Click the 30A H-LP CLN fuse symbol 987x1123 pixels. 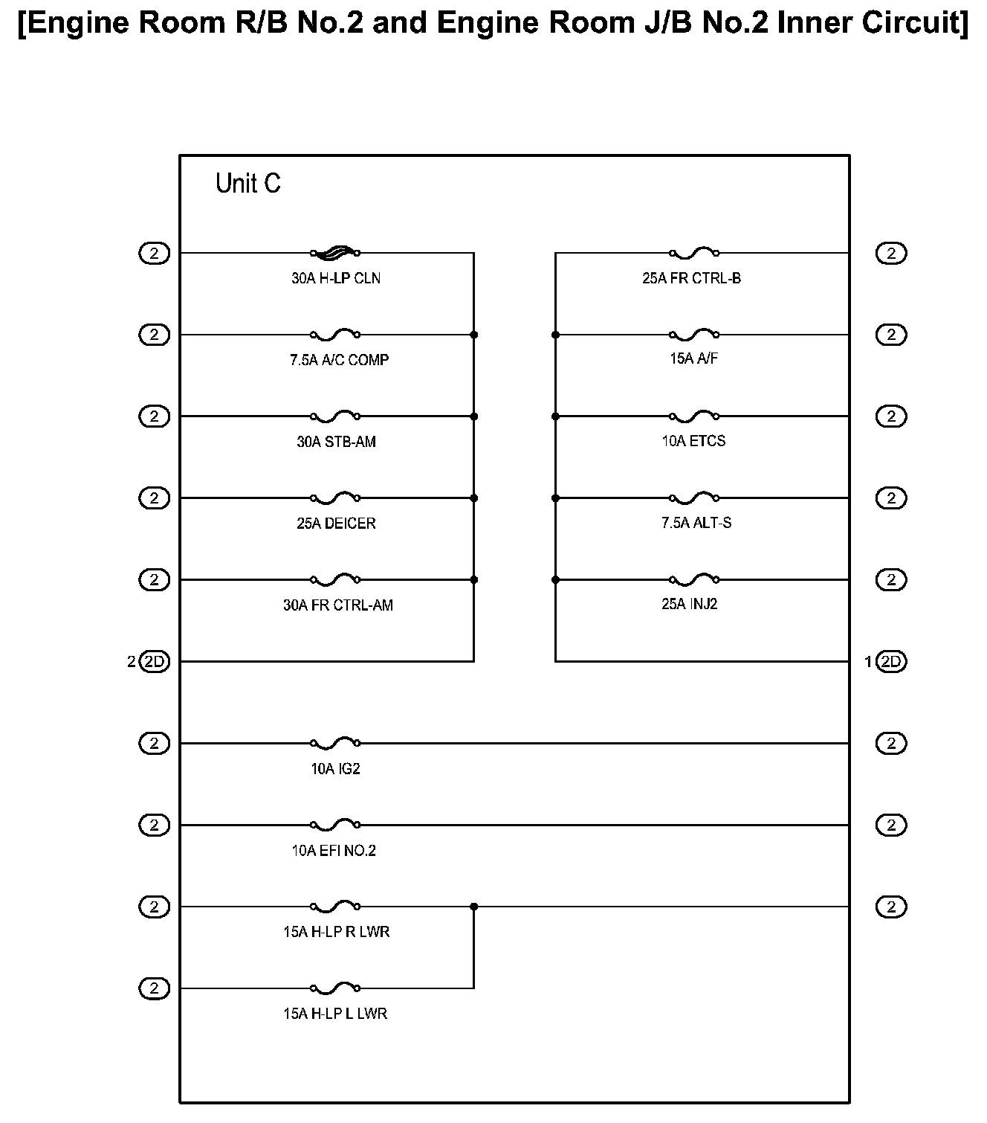pyautogui.click(x=335, y=253)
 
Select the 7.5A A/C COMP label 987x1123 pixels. pyautogui.click(x=339, y=360)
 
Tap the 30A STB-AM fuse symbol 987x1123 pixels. pyautogui.click(x=335, y=416)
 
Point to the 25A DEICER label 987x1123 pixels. pyautogui.click(x=336, y=524)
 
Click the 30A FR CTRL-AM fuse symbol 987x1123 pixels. pyautogui.click(x=335, y=579)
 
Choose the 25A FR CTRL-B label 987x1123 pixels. pyautogui.click(x=691, y=278)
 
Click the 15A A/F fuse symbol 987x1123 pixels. pyautogui.click(x=694, y=335)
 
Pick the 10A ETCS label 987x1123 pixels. pyautogui.click(x=693, y=441)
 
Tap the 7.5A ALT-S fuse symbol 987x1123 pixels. pyautogui.click(x=694, y=498)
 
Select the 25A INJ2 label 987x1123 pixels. pyautogui.click(x=689, y=604)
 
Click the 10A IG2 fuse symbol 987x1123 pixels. pyautogui.click(x=335, y=742)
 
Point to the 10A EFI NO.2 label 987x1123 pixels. pyautogui.click(x=334, y=851)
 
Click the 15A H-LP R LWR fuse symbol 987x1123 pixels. pyautogui.click(x=335, y=906)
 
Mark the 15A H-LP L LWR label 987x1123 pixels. pyautogui.click(x=335, y=1014)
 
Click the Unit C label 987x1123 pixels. pyautogui.click(x=247, y=183)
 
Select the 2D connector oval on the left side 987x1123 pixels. pyautogui.click(x=154, y=661)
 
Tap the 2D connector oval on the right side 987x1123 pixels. pyautogui.click(x=891, y=661)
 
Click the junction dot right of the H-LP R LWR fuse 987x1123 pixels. pyautogui.click(x=474, y=907)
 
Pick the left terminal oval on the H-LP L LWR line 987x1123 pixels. pyautogui.click(x=154, y=988)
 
